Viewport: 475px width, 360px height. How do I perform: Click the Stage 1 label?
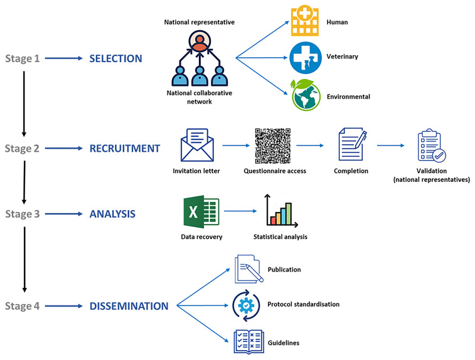[23, 59]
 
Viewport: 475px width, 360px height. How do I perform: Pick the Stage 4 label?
[23, 307]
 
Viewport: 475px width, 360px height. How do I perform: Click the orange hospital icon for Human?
[304, 23]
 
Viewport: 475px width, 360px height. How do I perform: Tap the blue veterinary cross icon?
[304, 58]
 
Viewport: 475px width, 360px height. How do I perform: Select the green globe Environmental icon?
[304, 95]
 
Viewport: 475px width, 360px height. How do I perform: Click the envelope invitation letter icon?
[196, 145]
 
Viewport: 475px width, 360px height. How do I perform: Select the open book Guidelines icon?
[247, 342]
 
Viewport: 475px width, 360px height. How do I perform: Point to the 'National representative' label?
[199, 23]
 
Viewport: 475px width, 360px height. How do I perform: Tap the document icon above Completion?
[352, 146]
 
